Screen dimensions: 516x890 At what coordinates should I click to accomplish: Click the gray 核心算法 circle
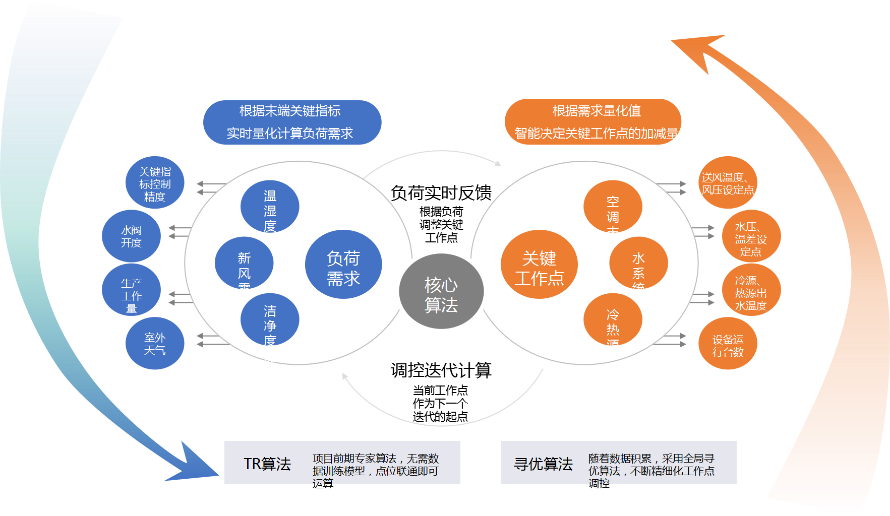click(x=441, y=291)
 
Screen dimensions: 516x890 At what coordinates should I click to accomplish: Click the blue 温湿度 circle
click(x=270, y=207)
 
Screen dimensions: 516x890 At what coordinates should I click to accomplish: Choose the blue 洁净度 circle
click(x=270, y=319)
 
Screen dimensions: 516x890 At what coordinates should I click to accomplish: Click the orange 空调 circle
click(x=613, y=207)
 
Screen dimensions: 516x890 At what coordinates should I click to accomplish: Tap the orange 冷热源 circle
click(x=613, y=319)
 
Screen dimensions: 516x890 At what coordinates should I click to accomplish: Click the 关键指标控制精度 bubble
click(x=155, y=182)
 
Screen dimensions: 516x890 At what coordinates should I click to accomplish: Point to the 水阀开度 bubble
click(x=131, y=236)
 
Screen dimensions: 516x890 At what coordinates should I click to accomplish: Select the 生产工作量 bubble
click(x=131, y=290)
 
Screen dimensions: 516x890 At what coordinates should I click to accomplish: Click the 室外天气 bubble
click(x=155, y=343)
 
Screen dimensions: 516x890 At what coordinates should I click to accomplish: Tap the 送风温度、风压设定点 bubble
click(x=728, y=182)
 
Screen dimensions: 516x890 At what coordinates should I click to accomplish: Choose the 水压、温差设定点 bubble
click(x=751, y=236)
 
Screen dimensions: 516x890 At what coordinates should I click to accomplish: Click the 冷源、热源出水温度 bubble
click(x=751, y=290)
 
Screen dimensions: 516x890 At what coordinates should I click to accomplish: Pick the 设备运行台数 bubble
click(x=728, y=343)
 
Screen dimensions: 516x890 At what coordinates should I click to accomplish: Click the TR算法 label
click(x=267, y=464)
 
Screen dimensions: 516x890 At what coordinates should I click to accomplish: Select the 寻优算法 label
click(x=543, y=464)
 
